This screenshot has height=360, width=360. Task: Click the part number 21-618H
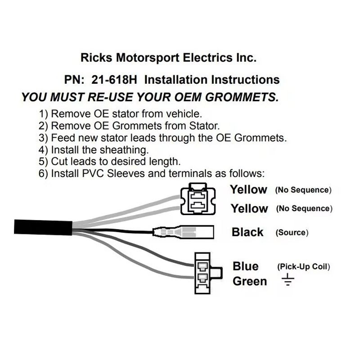point(114,80)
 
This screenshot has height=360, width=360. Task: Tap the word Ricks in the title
point(96,58)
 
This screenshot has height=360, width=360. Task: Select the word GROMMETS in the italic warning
point(242,97)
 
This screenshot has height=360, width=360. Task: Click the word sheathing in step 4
point(124,150)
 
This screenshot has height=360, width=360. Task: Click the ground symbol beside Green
point(288,279)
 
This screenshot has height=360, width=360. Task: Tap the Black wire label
point(247,232)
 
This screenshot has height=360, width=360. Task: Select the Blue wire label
point(245,266)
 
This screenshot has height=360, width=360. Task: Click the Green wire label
point(250,282)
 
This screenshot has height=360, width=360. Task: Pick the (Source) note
point(292,233)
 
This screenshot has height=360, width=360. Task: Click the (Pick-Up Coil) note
point(303,267)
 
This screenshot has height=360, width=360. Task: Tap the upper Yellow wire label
point(249,189)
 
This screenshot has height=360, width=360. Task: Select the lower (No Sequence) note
point(304,208)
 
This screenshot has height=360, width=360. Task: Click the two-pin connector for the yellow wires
point(198,199)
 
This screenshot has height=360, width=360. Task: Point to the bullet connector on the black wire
point(184,232)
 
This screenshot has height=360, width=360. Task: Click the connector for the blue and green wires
point(208,273)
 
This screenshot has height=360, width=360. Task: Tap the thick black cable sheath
point(43,227)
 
